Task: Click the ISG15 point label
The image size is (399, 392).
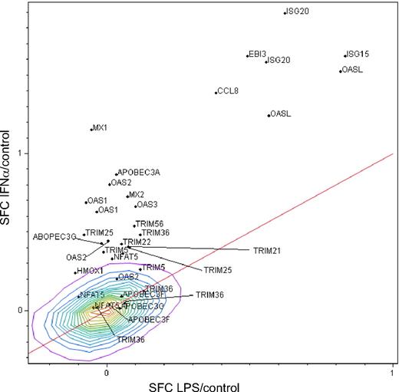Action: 358,54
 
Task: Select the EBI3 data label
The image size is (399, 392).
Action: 257,54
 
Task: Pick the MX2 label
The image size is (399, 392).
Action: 135,195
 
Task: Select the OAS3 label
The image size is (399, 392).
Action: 147,205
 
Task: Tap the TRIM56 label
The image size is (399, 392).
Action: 150,224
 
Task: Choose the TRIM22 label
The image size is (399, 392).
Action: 137,242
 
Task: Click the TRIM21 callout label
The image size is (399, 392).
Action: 267,250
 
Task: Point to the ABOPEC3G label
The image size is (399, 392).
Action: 54,237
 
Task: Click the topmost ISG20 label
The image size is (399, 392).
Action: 297,12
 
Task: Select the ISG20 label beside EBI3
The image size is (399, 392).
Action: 279,61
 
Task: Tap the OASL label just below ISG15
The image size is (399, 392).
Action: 352,70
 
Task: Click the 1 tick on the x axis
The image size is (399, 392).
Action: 391,373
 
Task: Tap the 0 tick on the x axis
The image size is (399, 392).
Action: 106,373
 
